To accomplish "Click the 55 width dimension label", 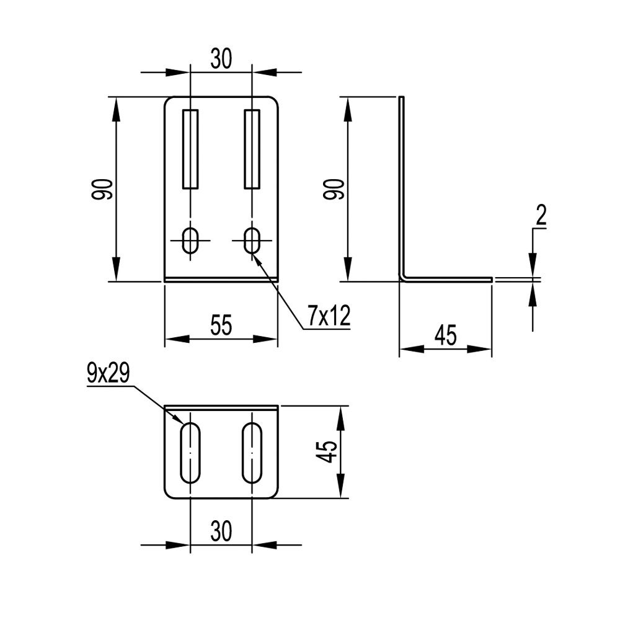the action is point(221,325).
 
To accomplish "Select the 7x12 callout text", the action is point(329,316).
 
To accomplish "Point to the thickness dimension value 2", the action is point(541,216).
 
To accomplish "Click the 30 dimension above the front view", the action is point(221,59).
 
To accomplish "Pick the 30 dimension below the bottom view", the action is point(221,531).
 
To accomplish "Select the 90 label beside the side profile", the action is point(334,189).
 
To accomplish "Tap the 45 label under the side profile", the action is point(446,335).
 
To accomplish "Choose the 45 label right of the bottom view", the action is point(327,451).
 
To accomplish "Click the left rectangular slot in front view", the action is point(190,149).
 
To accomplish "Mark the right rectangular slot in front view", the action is point(252,149).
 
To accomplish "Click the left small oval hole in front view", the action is point(190,240).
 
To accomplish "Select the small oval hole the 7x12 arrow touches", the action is point(252,240).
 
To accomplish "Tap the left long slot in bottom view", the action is point(190,453).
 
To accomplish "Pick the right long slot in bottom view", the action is point(252,453).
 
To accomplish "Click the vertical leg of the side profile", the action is point(401,186).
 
